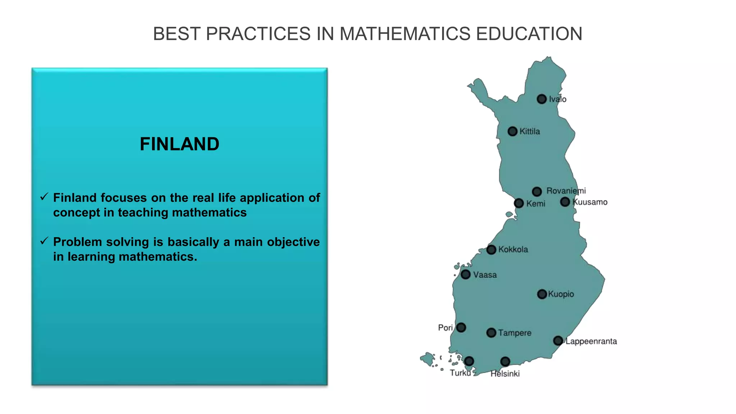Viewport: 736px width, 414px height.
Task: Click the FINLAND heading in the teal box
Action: (x=179, y=144)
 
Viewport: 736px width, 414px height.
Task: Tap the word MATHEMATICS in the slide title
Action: (x=405, y=34)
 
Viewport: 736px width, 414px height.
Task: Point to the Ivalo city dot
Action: (x=542, y=99)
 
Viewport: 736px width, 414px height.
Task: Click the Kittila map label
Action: (x=530, y=132)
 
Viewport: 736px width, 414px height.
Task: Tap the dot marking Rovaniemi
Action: (x=537, y=192)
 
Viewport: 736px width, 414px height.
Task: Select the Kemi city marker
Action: (x=519, y=203)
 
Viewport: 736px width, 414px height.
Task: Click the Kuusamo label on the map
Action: (x=590, y=202)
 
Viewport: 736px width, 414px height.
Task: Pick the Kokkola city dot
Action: (x=491, y=250)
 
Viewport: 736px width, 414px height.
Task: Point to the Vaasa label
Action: (x=485, y=275)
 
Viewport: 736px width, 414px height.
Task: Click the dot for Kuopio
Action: (x=542, y=294)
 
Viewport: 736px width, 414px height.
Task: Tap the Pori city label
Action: (x=445, y=328)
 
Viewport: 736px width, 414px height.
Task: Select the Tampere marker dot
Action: (x=491, y=333)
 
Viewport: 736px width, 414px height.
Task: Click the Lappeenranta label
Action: (x=591, y=341)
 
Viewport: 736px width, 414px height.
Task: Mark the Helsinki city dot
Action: (x=505, y=361)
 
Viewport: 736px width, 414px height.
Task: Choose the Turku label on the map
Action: (x=460, y=373)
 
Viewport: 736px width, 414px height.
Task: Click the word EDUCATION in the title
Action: (x=529, y=34)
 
